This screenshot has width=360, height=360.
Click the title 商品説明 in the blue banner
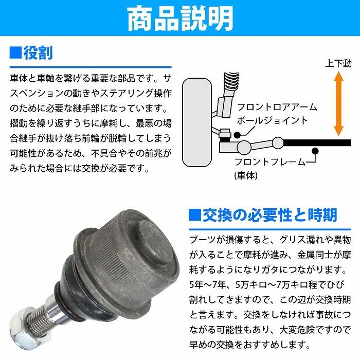[x=179, y=19]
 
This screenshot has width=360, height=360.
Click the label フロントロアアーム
[x=276, y=107]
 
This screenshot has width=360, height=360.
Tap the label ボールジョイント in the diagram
[x=272, y=120]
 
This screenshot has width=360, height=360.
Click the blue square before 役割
[x=15, y=52]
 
